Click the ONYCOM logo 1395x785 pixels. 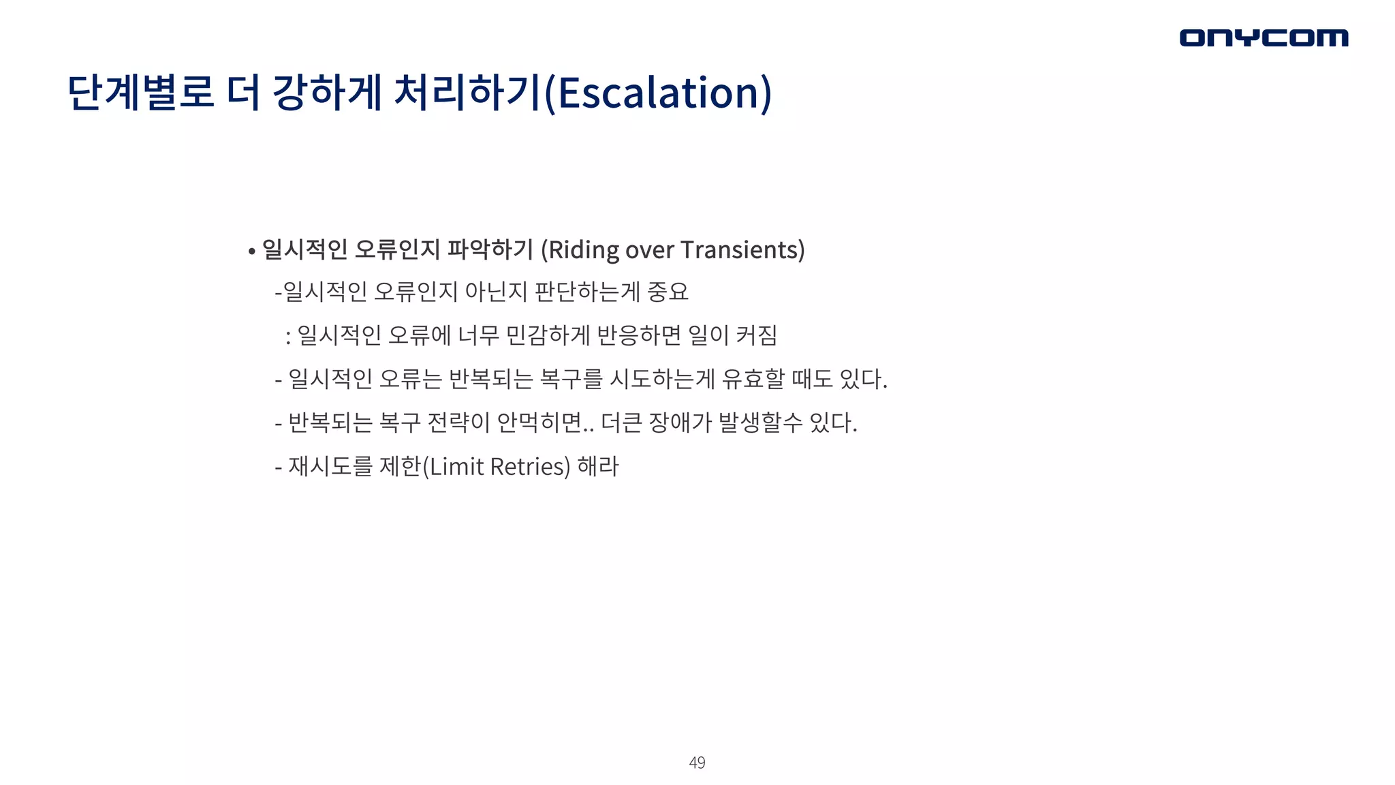[1264, 37]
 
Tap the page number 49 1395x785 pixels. [697, 763]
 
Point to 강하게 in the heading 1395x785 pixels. [326, 93]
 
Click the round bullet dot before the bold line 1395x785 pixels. [251, 251]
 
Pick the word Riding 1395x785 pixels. [584, 250]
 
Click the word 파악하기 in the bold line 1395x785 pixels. [490, 250]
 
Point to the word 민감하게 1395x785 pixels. [548, 335]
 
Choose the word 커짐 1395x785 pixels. [757, 335]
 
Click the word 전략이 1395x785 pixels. [458, 422]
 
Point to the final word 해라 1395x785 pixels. [598, 467]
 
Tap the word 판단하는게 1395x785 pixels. [587, 292]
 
